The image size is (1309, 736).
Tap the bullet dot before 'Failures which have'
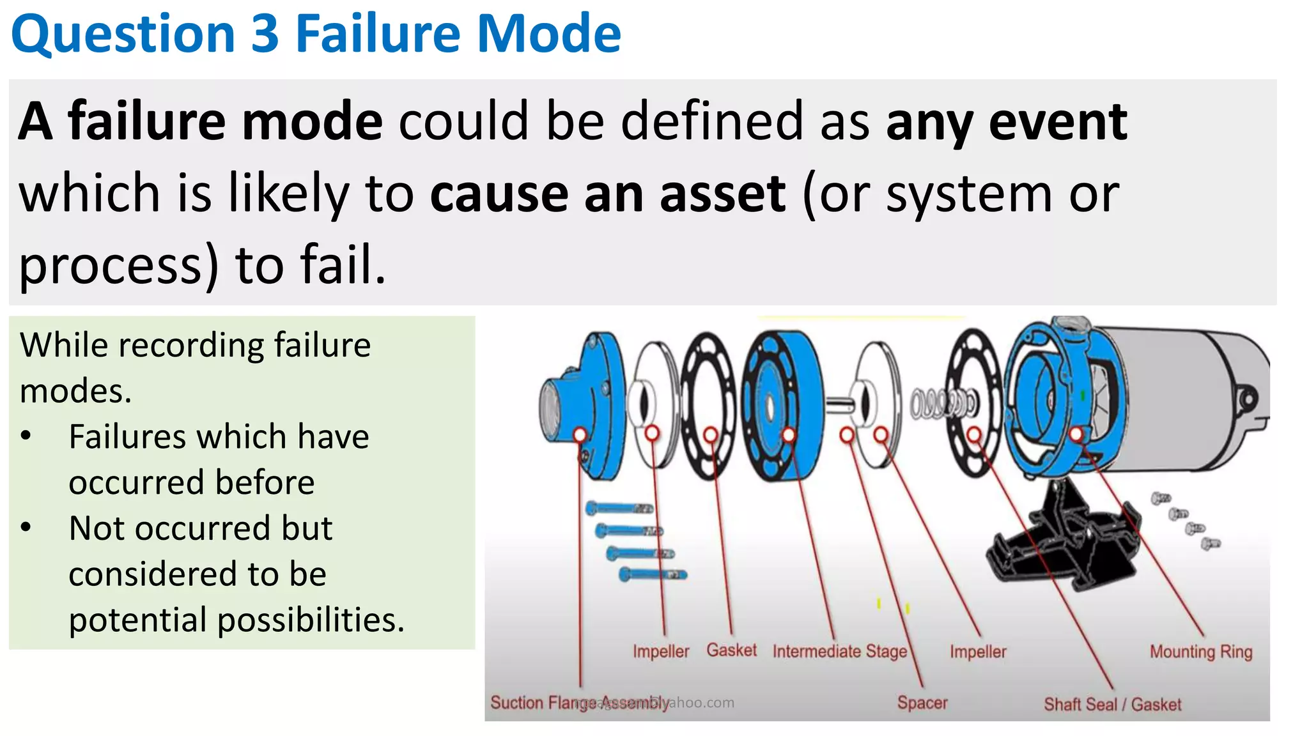click(26, 436)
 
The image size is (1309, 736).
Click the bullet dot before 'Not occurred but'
click(26, 528)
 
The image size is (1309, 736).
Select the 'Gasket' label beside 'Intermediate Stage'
click(731, 650)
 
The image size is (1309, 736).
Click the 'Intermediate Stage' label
click(840, 652)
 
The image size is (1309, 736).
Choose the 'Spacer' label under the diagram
click(922, 703)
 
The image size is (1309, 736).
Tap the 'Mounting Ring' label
click(1201, 652)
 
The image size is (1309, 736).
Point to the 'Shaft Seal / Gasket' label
click(1112, 704)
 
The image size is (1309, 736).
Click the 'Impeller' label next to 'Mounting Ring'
click(978, 652)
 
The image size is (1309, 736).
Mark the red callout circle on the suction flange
click(580, 434)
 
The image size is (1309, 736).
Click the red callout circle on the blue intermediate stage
click(789, 435)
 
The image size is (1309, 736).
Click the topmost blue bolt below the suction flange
click(619, 509)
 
